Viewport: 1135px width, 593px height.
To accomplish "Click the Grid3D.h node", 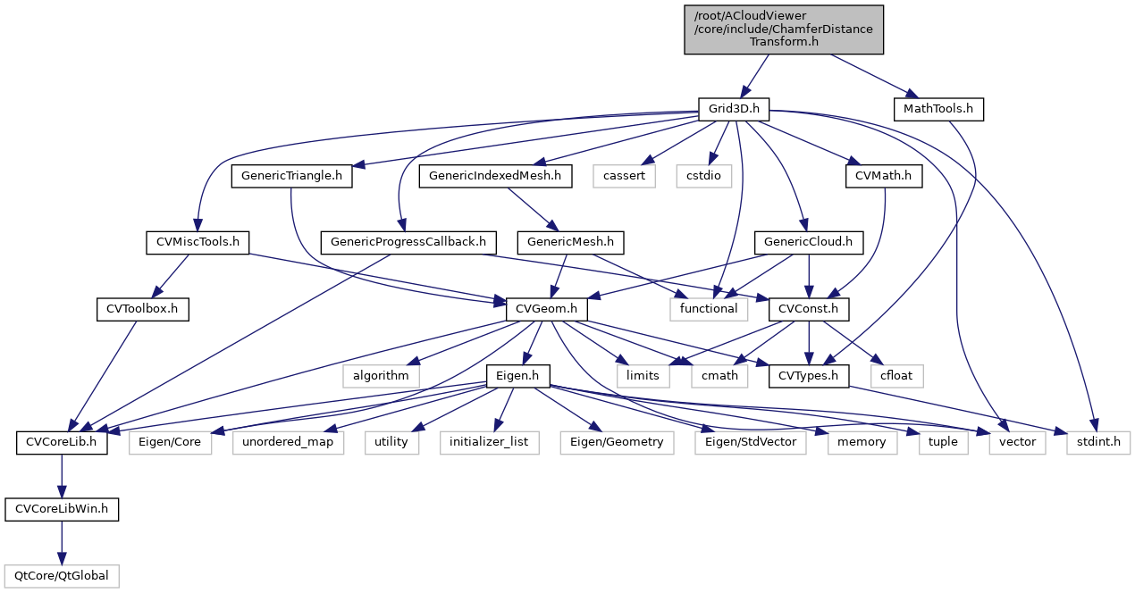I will pyautogui.click(x=734, y=109).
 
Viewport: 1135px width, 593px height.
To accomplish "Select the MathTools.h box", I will pyautogui.click(x=938, y=109).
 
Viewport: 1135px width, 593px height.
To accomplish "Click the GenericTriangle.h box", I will pyautogui.click(x=291, y=176).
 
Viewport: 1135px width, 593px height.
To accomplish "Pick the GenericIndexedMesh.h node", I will pyautogui.click(x=495, y=176).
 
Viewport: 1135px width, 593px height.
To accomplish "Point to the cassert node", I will pyautogui.click(x=623, y=176).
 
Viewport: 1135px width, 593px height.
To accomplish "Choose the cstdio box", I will pyautogui.click(x=703, y=176).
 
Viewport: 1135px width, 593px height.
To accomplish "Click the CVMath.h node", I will pyautogui.click(x=883, y=176).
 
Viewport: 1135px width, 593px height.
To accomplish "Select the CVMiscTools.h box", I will pyautogui.click(x=198, y=241).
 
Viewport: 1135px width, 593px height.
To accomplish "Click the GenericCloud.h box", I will pyautogui.click(x=809, y=241).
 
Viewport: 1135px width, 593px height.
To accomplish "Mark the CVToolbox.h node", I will pyautogui.click(x=138, y=309).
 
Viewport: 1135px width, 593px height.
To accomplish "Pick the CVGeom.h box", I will pyautogui.click(x=547, y=309).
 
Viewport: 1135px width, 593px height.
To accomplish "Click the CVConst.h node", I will pyautogui.click(x=809, y=309).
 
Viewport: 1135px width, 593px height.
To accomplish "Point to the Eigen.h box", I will pyautogui.click(x=518, y=375).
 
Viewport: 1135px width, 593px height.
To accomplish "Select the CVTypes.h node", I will pyautogui.click(x=809, y=375).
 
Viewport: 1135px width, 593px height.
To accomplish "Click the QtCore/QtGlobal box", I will pyautogui.click(x=62, y=575).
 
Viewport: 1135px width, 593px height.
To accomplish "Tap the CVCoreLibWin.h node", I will pyautogui.click(x=62, y=509).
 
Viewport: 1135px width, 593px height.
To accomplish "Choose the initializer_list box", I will pyautogui.click(x=489, y=442).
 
